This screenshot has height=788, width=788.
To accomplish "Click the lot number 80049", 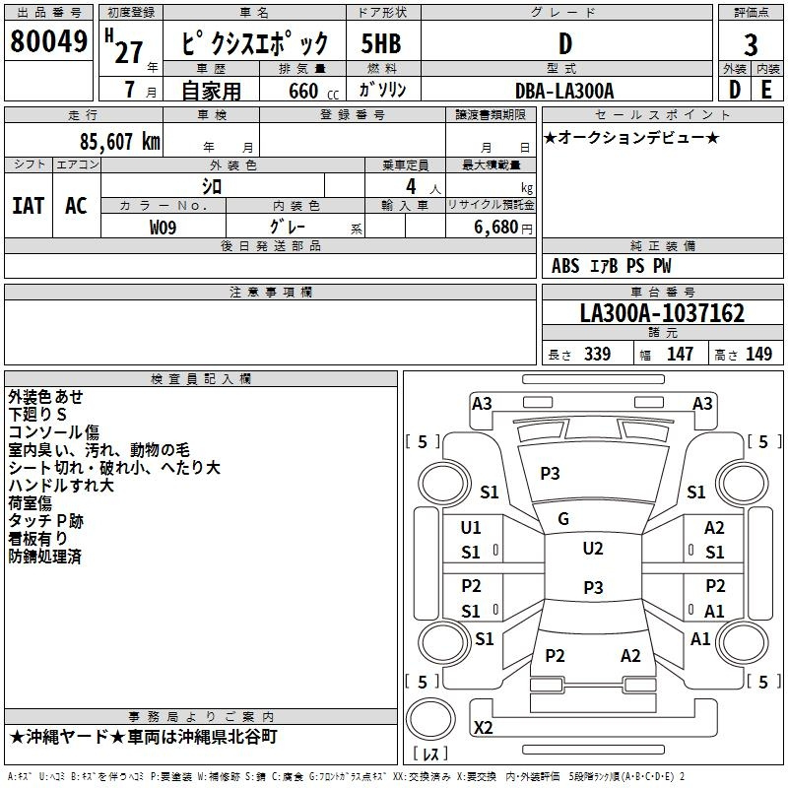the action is click(x=48, y=40).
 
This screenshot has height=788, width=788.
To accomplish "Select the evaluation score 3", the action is click(x=751, y=45).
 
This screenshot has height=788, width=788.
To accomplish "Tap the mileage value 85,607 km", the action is click(x=119, y=142).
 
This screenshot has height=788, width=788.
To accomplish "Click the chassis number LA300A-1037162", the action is click(x=662, y=313).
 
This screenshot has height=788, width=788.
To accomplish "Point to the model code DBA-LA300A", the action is click(x=564, y=91).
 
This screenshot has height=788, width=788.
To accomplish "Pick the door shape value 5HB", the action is click(x=381, y=43).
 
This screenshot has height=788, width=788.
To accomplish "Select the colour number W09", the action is click(x=163, y=228).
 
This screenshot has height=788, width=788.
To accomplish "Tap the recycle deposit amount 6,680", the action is click(x=496, y=228).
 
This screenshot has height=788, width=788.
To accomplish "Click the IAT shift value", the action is click(x=29, y=206).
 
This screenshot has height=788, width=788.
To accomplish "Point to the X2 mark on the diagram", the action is click(x=483, y=727).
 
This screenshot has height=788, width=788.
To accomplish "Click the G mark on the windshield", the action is click(x=563, y=519).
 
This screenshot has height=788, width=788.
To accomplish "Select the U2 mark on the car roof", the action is click(x=593, y=549).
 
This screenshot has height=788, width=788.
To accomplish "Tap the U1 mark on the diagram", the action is click(x=471, y=528).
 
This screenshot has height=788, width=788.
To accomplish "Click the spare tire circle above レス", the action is click(x=430, y=718).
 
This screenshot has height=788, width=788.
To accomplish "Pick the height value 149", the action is click(x=758, y=354).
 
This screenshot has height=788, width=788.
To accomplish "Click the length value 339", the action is click(x=597, y=354).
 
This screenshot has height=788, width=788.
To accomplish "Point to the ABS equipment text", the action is click(x=565, y=266).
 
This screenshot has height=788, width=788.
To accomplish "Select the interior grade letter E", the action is click(x=766, y=91).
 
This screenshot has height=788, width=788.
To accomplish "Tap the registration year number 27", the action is click(x=129, y=52).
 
